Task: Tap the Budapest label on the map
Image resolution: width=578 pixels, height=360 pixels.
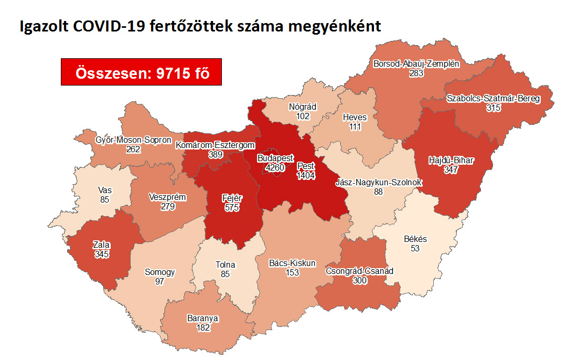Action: coord(275,158)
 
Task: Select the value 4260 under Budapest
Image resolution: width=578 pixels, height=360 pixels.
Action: coord(274,168)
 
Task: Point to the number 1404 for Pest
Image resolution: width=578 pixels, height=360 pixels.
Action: coord(306,176)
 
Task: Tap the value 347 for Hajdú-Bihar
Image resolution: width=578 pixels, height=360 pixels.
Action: coord(451,170)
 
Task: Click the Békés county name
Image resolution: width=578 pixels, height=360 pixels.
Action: coord(415,239)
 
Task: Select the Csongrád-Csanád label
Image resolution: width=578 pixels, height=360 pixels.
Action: coord(360,271)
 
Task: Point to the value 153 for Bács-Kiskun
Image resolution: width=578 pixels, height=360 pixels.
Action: coord(292,272)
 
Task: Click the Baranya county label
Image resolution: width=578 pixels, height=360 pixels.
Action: coord(202,319)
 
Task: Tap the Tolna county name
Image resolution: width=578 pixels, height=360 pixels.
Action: coord(225,264)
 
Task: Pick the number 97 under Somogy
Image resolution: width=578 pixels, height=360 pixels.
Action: coord(160,282)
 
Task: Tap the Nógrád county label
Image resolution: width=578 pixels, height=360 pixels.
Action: coord(303,107)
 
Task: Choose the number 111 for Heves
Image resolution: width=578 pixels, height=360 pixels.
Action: coord(354,126)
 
